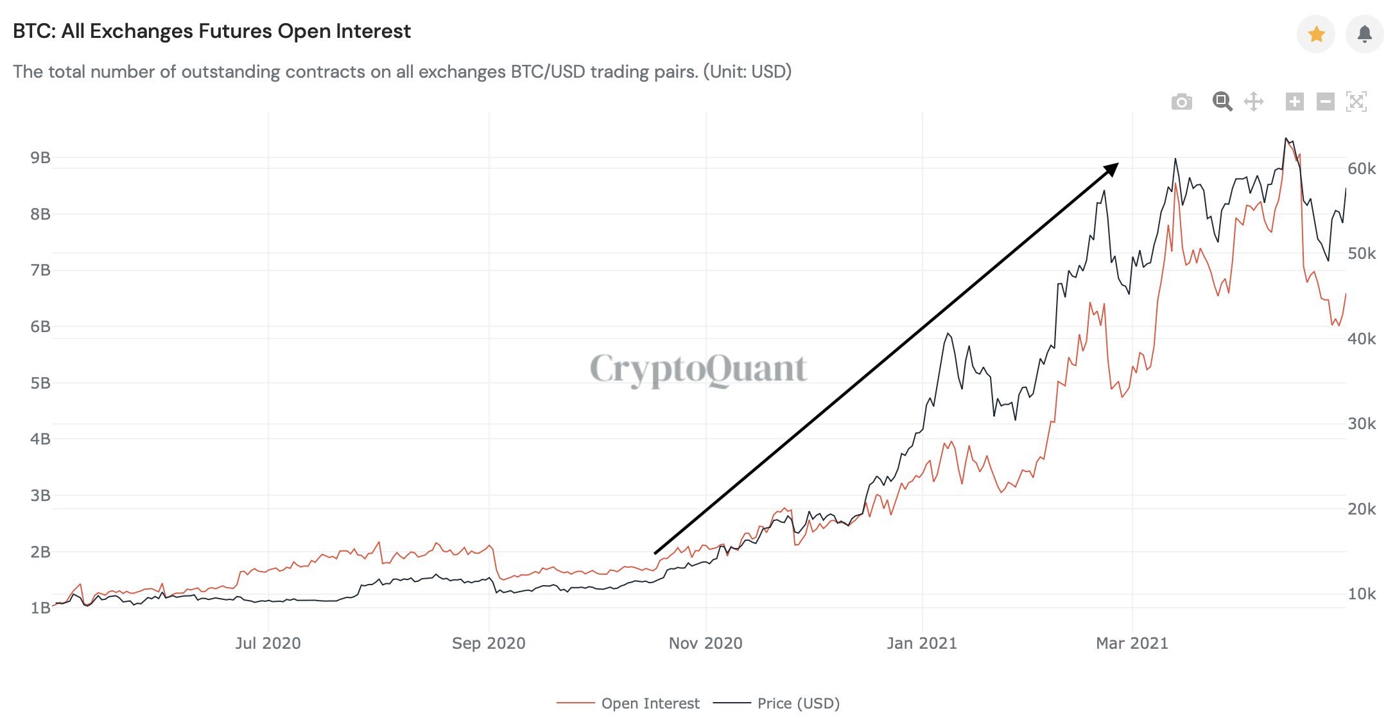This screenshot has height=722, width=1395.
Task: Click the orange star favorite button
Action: coord(1316,34)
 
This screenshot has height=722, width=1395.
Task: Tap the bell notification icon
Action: coord(1365,34)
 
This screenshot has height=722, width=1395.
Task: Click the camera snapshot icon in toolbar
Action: coord(1181,102)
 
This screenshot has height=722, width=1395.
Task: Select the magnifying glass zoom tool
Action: coord(1222,101)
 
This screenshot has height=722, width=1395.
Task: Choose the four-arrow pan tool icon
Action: coord(1254,101)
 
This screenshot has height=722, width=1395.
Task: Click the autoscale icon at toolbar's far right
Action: coord(1356,101)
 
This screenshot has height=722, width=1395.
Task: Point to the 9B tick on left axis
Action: coord(40,158)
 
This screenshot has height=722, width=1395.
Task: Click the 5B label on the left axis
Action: coord(40,383)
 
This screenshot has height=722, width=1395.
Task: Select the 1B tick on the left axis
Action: coord(40,608)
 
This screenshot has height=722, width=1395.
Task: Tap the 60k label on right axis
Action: coord(1362,169)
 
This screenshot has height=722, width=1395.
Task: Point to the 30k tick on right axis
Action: coord(1362,424)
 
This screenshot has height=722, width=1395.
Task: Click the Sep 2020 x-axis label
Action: coord(489,644)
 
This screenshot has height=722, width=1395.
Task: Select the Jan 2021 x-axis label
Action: coord(922,644)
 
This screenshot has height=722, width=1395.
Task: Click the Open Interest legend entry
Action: coord(650,703)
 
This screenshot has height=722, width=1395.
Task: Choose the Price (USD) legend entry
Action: coord(798,703)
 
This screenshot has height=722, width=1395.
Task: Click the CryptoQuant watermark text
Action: coord(698,369)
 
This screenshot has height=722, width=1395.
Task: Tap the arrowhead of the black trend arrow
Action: coord(1111,170)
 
